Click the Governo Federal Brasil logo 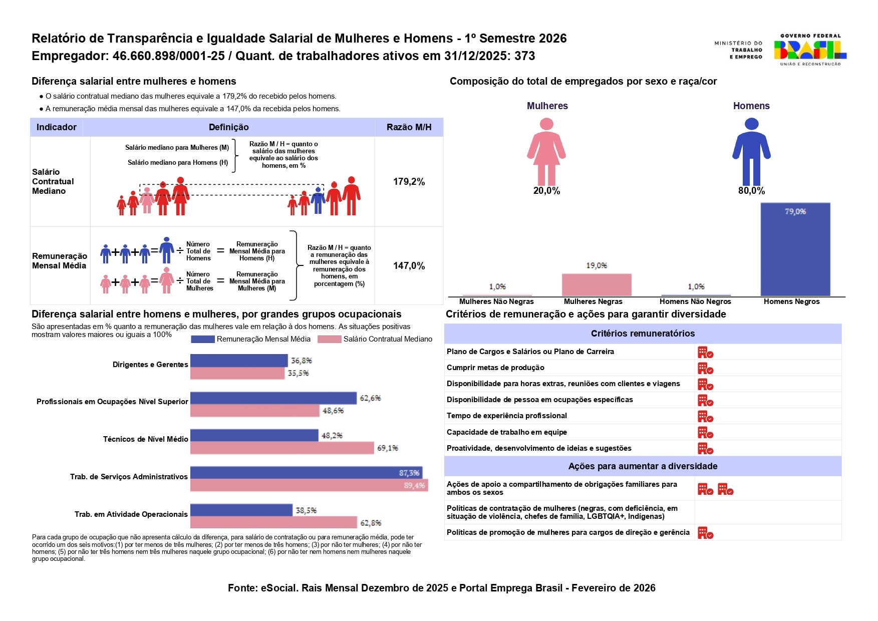(809, 50)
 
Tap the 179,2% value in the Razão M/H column (409, 182)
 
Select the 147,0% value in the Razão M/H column (409, 266)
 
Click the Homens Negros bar (795, 249)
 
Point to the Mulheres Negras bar (596, 284)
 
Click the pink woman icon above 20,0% (546, 152)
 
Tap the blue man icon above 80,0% (751, 152)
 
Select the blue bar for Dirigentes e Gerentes (239, 361)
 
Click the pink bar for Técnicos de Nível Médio (282, 448)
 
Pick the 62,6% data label (370, 398)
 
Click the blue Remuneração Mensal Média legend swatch (203, 339)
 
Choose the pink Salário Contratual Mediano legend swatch (330, 339)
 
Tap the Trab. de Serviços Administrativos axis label (129, 477)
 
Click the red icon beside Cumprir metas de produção (705, 369)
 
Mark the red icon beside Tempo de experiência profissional (705, 417)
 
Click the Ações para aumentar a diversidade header (643, 466)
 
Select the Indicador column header (57, 127)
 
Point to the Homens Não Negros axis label (695, 301)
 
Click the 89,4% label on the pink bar (414, 485)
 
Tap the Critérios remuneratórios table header (643, 334)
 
